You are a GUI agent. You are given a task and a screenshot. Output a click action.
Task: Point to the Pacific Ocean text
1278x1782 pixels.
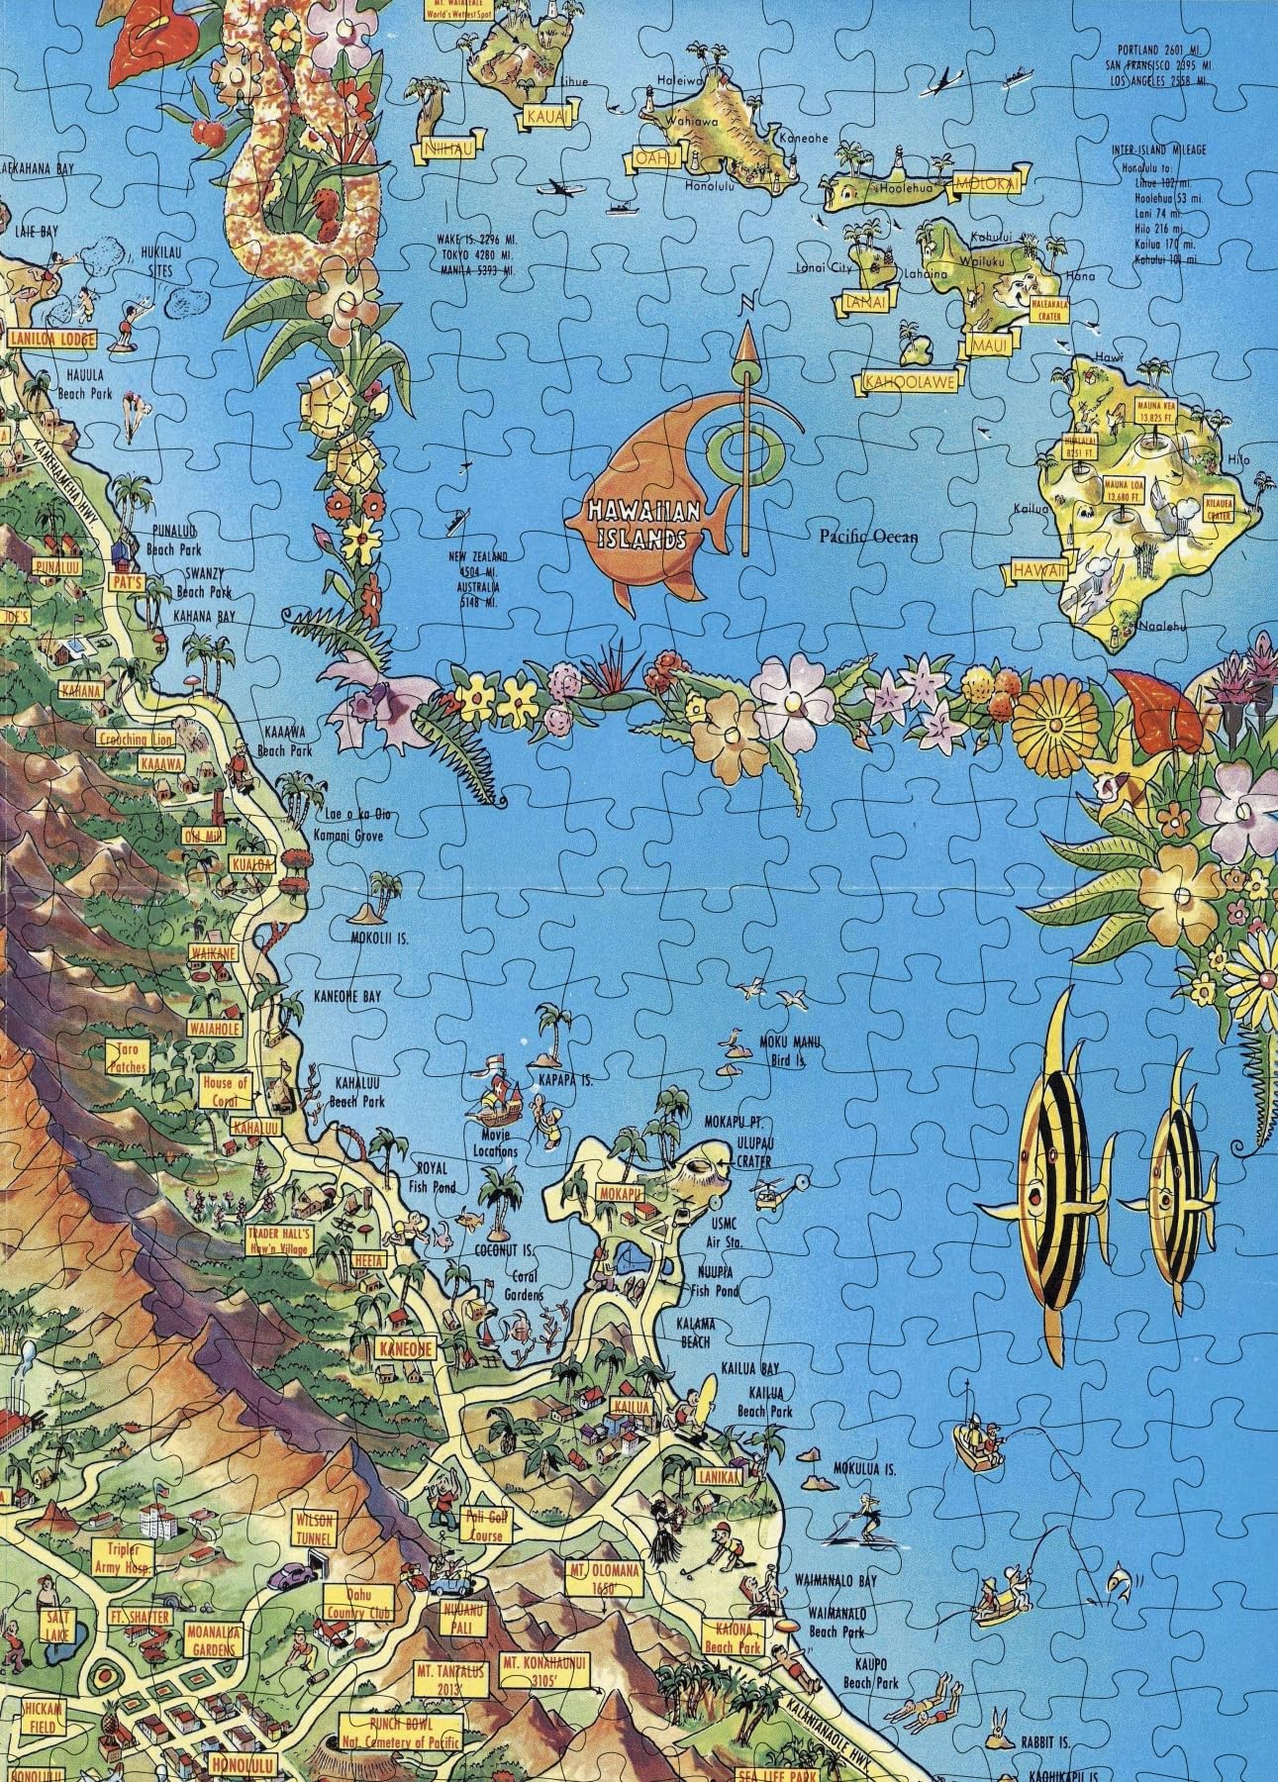868,536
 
